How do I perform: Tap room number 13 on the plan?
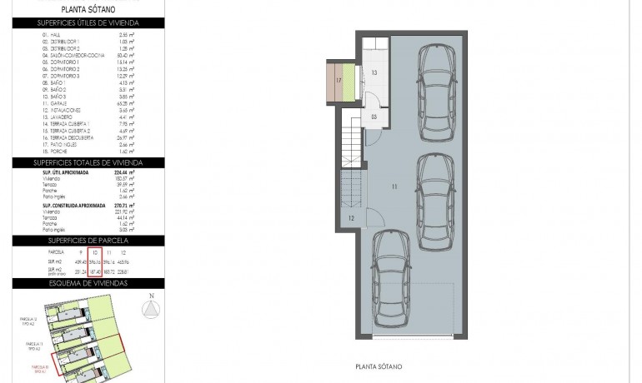coord(374,74)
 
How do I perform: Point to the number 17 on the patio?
coord(339,81)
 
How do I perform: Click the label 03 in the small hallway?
coord(374,117)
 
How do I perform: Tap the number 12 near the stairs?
coord(352,218)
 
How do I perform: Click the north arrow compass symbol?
coord(151,310)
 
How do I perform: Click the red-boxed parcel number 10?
coord(96,251)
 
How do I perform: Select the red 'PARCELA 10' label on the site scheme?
coord(38,366)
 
